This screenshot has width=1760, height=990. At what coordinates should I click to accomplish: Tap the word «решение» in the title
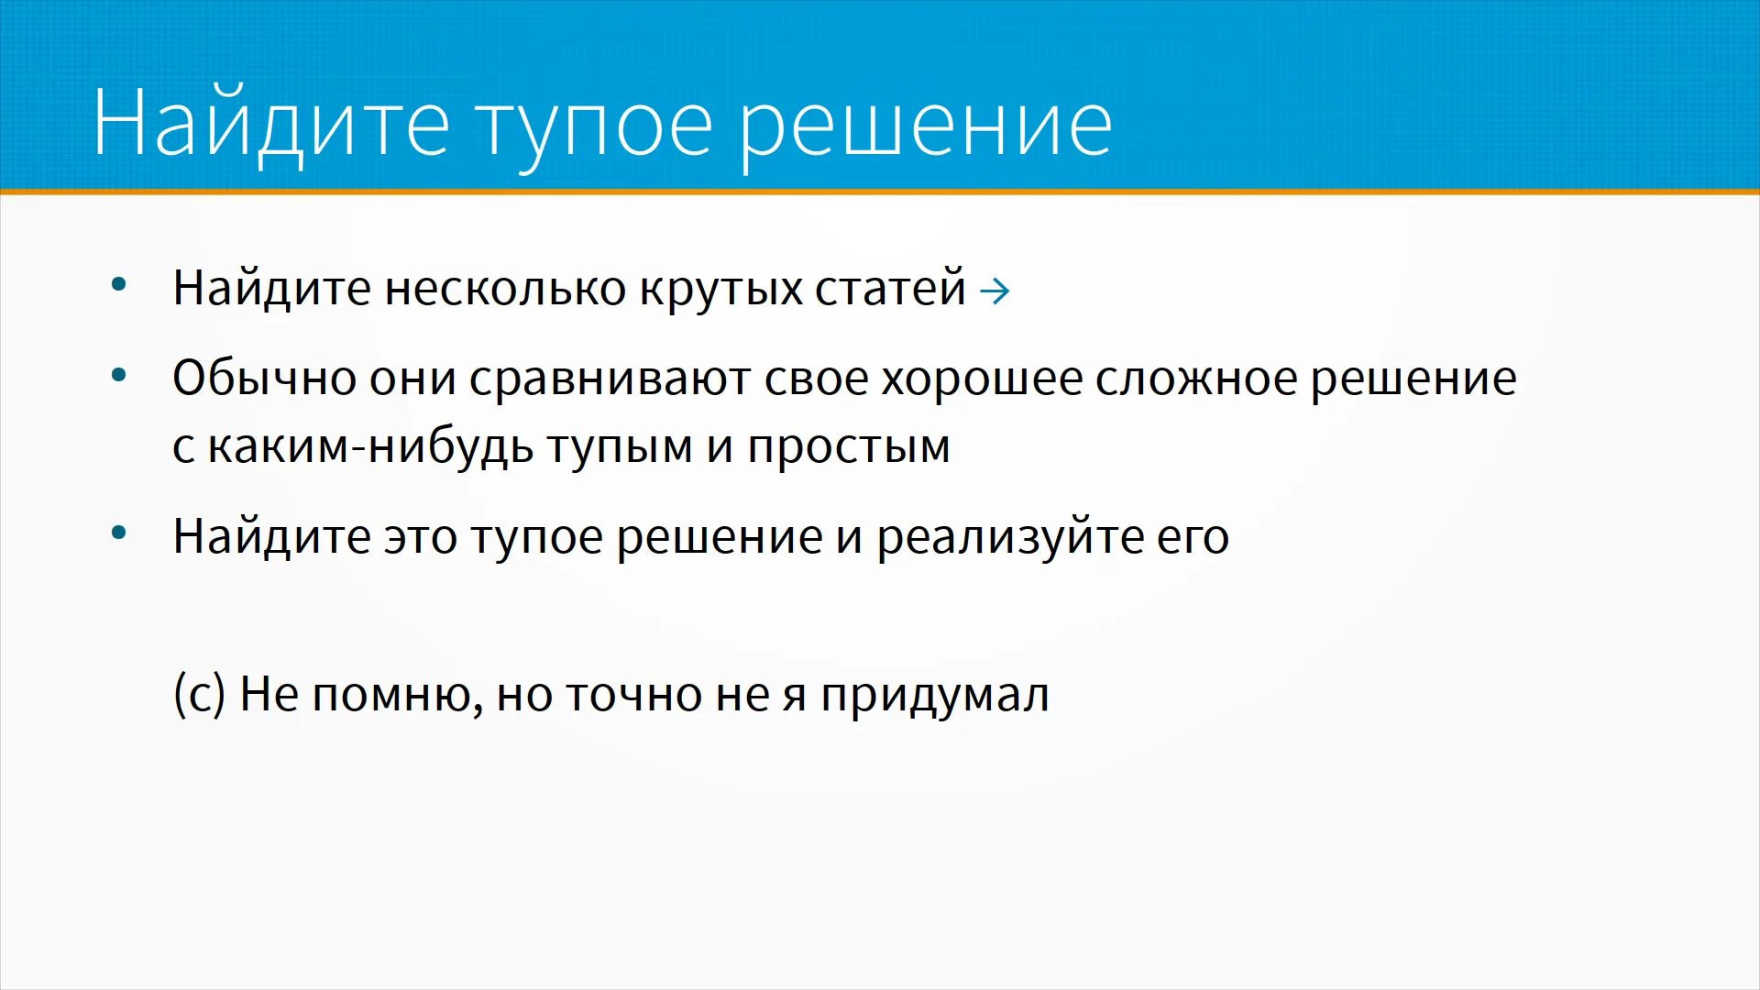[926, 128]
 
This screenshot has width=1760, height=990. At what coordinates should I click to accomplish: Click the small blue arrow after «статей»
[995, 292]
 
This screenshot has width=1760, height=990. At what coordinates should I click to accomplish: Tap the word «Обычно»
[264, 378]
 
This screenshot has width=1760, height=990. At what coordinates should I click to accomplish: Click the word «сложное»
[1195, 378]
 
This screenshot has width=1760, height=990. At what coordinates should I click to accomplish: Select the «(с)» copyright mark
[199, 694]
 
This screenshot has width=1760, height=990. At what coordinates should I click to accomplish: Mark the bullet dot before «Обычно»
[118, 375]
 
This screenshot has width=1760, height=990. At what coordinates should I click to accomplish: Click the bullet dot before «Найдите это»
[118, 533]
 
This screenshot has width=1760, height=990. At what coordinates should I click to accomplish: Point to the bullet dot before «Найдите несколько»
[118, 285]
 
